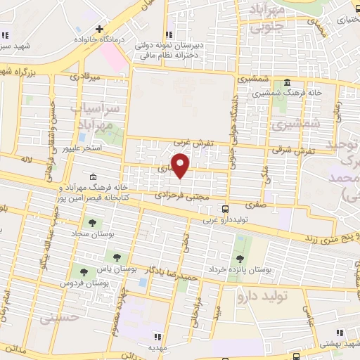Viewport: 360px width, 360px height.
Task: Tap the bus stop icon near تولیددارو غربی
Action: click(x=225, y=209)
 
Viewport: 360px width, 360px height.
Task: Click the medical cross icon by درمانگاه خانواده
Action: click(x=99, y=30)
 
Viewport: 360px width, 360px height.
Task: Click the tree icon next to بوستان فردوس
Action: click(x=84, y=271)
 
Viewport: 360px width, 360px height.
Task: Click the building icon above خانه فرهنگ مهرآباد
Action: click(x=93, y=176)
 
